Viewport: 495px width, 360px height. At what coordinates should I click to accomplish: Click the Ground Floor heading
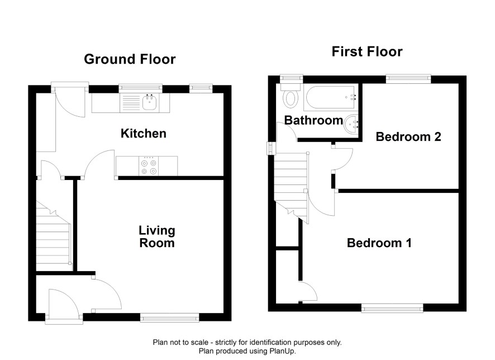pos(130,59)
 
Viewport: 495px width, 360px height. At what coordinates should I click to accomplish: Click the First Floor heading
pos(367,52)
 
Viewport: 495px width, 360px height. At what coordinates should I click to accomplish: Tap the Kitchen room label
pos(144,134)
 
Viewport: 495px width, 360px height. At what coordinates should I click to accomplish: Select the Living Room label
pos(157,236)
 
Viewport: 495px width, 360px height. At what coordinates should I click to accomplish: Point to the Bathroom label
pos(313,120)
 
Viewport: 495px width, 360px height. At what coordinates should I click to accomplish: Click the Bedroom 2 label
pos(408,137)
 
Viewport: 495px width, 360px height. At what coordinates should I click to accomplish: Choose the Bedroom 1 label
pos(379,243)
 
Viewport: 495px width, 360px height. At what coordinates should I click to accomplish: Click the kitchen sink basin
pos(149,102)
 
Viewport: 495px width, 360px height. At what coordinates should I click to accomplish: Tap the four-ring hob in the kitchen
pos(149,167)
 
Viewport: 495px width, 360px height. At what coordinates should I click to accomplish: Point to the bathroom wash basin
pos(351,124)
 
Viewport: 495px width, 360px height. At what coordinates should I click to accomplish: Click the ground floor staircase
pos(53,235)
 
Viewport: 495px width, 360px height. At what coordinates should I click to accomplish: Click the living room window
pos(170,318)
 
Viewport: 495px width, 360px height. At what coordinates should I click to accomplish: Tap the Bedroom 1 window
pos(392,308)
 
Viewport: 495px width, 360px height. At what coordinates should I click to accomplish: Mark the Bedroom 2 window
pos(408,79)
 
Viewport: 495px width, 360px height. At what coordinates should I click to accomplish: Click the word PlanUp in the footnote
pos(282,351)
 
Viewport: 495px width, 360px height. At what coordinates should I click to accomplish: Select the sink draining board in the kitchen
pos(131,103)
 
